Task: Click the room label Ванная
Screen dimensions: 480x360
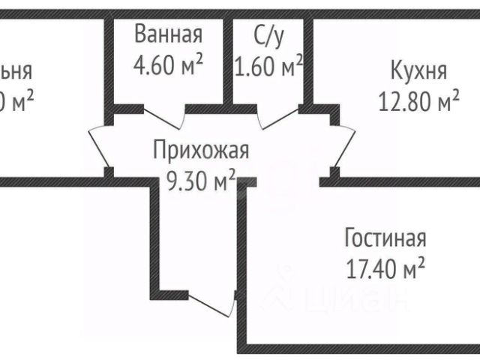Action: [x=168, y=34]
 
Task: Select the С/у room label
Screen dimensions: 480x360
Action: [x=269, y=34]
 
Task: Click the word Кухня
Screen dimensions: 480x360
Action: [x=418, y=71]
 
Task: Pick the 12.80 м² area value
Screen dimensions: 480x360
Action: [x=418, y=100]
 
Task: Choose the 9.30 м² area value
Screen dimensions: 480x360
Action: [x=200, y=179]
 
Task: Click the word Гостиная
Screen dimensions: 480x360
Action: [x=385, y=239]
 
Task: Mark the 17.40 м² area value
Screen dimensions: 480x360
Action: [x=385, y=266]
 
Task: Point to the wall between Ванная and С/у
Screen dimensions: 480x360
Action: [x=227, y=60]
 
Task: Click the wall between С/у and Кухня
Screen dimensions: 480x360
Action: [x=307, y=60]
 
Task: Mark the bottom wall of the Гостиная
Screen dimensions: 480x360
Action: [x=360, y=348]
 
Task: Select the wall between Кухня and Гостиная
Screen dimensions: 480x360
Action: [x=405, y=180]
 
